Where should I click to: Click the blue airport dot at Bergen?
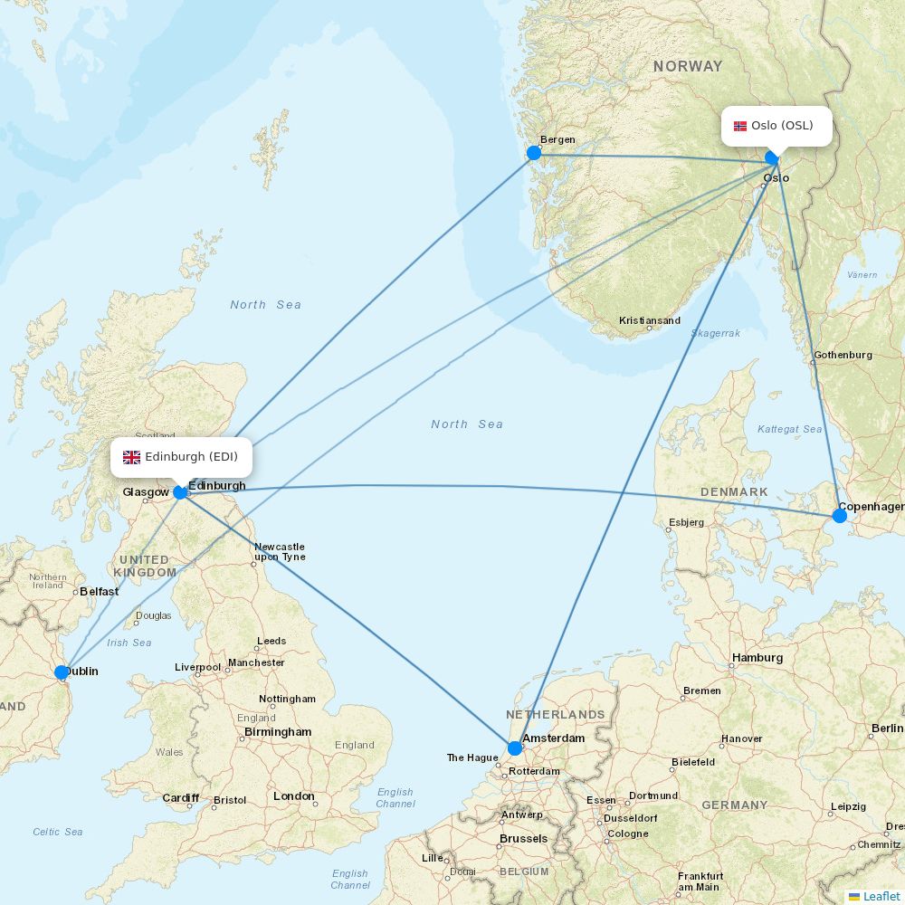(534, 153)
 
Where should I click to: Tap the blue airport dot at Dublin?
(61, 672)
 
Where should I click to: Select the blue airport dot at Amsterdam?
(515, 748)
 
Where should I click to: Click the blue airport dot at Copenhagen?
(839, 516)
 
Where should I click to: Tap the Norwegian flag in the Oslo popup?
(740, 126)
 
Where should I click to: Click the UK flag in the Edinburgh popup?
(132, 457)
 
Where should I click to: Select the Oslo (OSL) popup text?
(782, 126)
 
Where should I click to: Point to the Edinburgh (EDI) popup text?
(191, 457)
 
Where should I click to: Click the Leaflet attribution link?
(881, 896)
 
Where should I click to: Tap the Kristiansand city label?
(650, 320)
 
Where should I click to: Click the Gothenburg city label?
(843, 355)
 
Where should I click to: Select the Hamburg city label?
(757, 658)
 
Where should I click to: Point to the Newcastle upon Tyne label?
(280, 552)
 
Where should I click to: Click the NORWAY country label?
(688, 66)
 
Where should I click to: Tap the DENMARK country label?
(734, 492)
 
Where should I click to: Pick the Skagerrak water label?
(716, 333)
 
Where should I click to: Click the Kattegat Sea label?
(790, 429)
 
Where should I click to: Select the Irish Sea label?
(129, 643)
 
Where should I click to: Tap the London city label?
(294, 796)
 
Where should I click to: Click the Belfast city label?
(100, 592)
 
